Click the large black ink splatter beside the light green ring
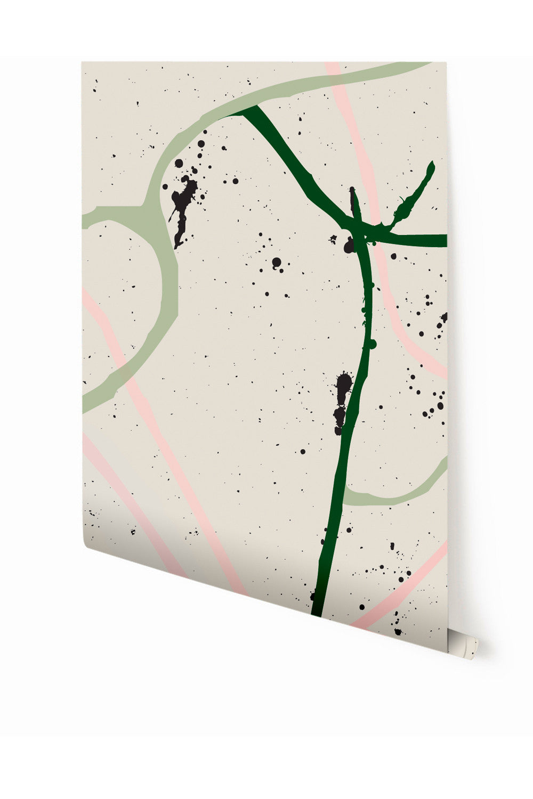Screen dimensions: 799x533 182,205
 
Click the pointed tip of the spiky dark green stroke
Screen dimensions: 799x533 432,164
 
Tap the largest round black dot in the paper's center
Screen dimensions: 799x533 276,262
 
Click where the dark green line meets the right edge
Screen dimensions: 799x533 445,240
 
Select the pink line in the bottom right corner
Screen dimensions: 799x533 405,591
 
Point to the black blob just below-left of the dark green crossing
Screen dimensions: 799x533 349,246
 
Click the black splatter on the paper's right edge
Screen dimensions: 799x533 443,319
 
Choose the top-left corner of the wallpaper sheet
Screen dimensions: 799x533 83,63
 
